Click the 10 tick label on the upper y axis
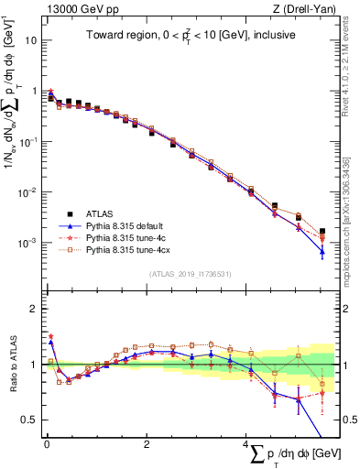pyautogui.click(x=30, y=41)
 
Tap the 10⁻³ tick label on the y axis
pyautogui.click(x=28, y=243)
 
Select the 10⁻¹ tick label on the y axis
pyautogui.click(x=28, y=142)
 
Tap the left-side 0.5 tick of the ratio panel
pyautogui.click(x=31, y=420)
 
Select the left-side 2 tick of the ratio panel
pyautogui.click(x=35, y=309)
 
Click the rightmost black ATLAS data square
pyautogui.click(x=322, y=232)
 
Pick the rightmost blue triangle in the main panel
pyautogui.click(x=322, y=250)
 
